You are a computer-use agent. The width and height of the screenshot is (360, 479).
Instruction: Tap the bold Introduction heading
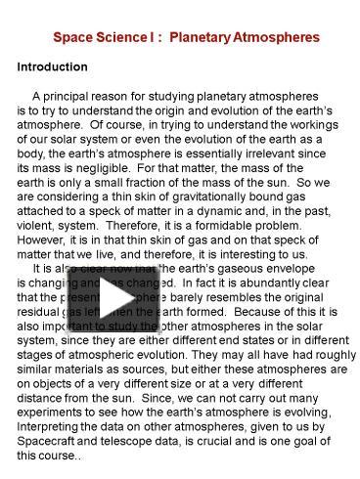pyautogui.click(x=53, y=67)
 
